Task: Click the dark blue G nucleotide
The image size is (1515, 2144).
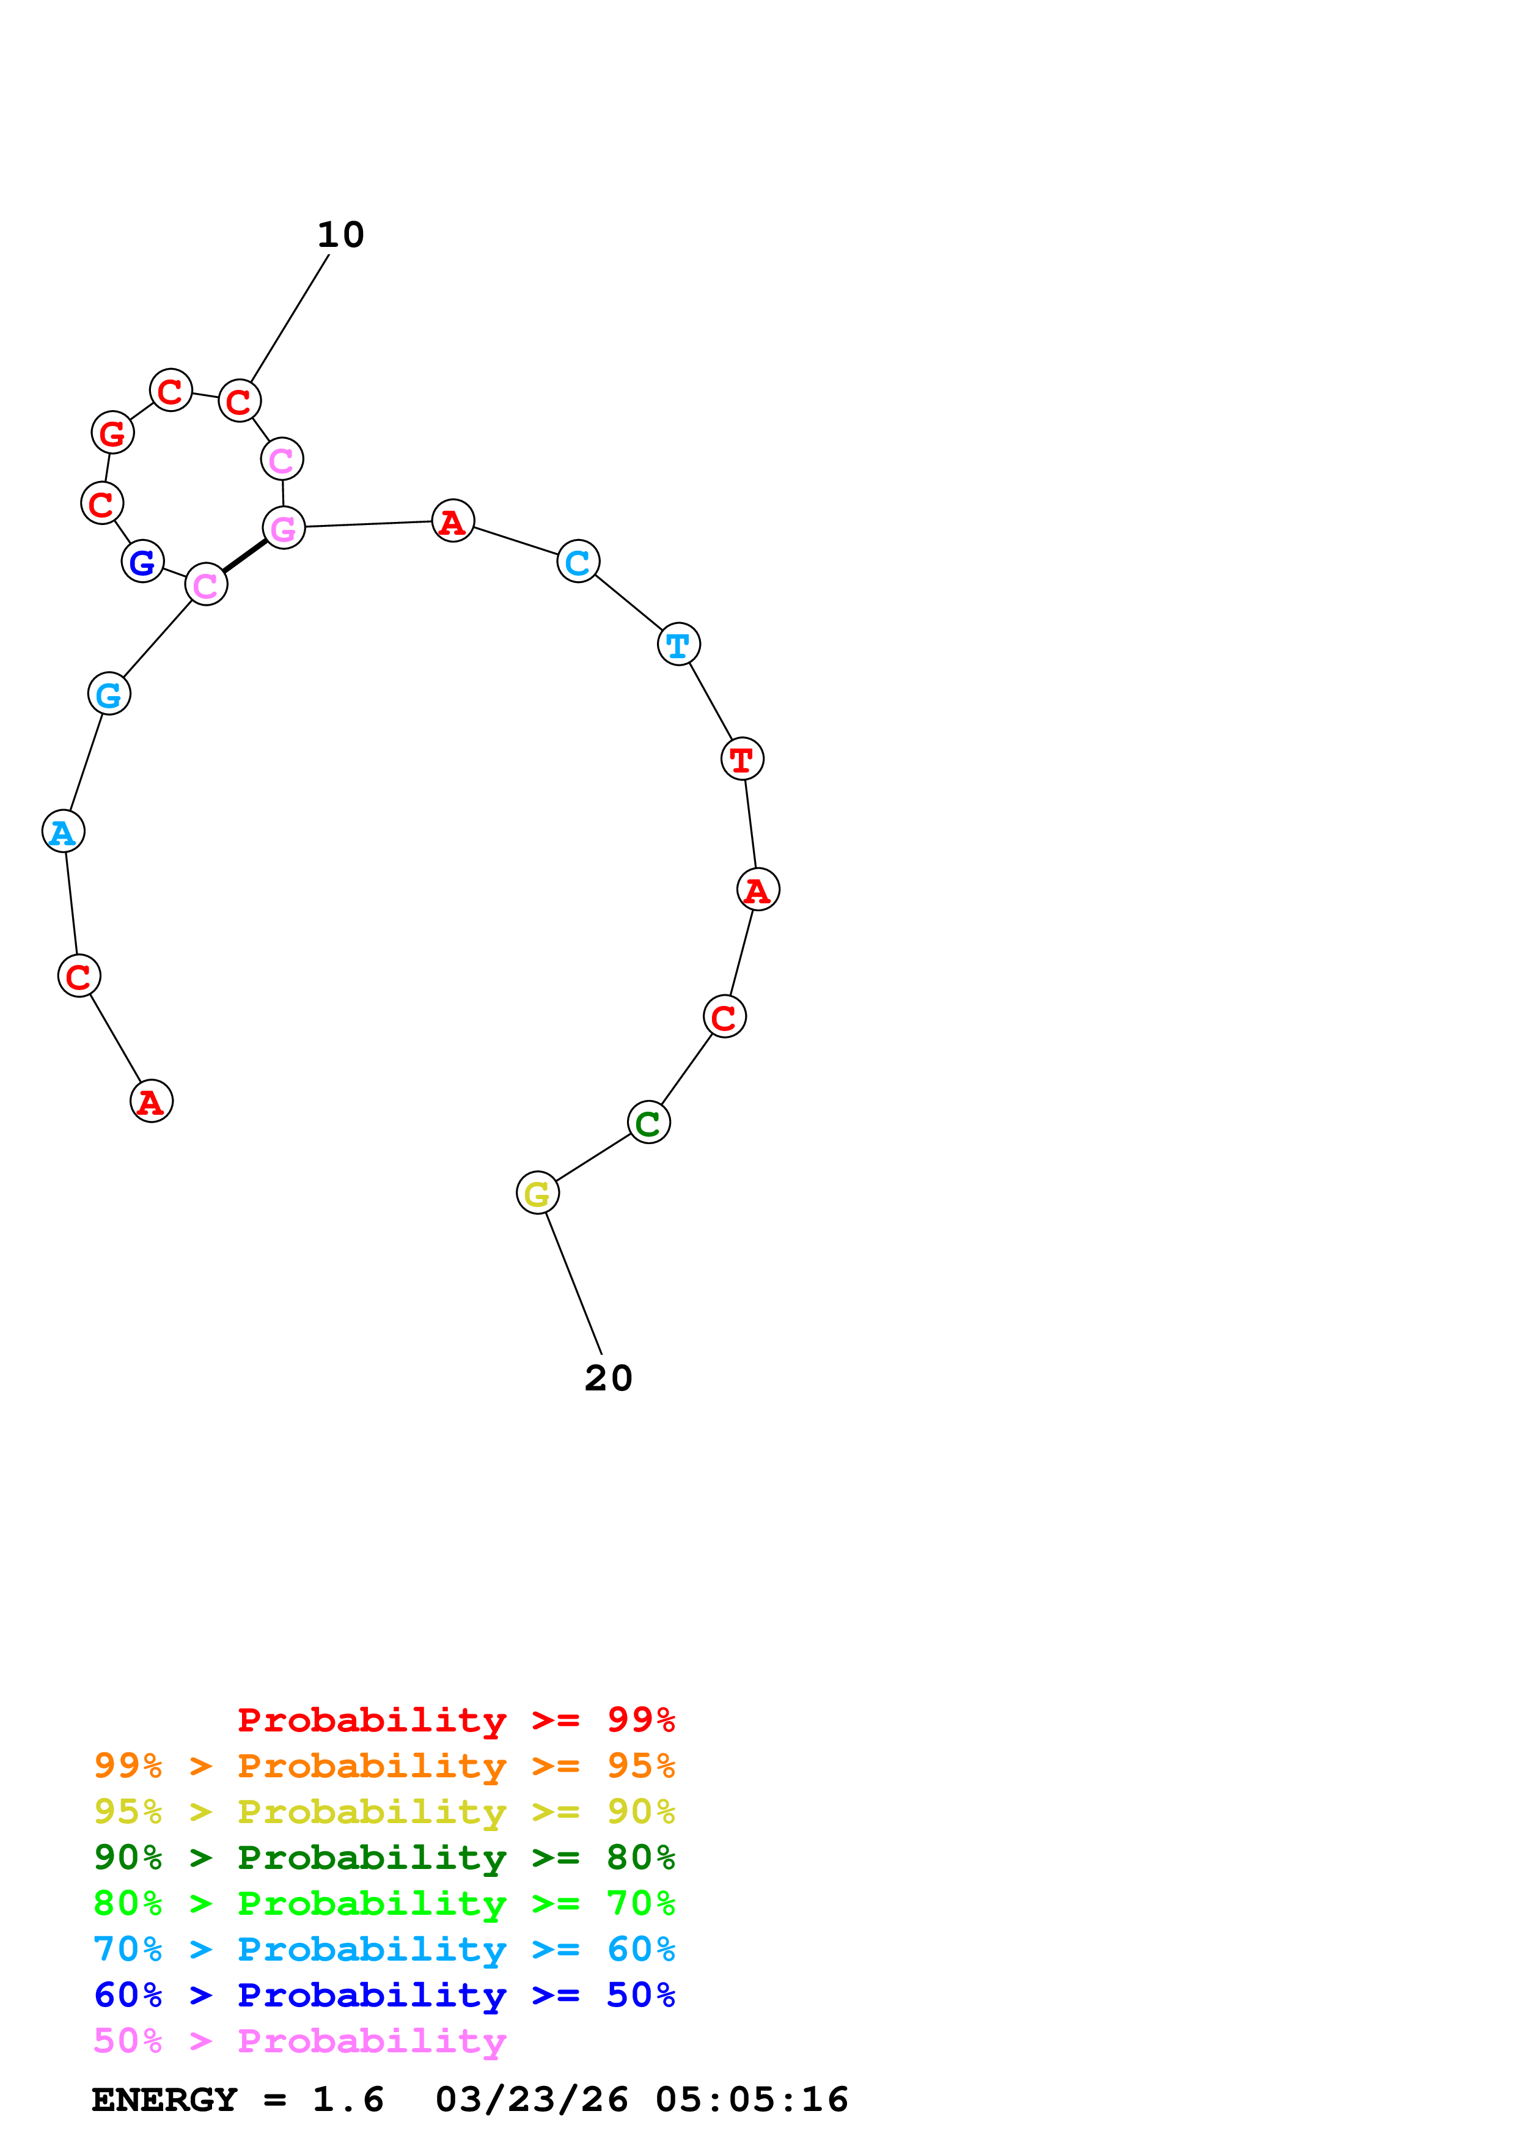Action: [143, 561]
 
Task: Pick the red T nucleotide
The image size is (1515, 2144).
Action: [742, 758]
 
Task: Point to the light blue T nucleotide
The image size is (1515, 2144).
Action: [678, 644]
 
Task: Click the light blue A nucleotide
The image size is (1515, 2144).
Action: [64, 831]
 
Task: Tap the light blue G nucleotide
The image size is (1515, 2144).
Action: [109, 694]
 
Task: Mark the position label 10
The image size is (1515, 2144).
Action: [341, 234]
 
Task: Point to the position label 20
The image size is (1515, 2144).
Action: [609, 1378]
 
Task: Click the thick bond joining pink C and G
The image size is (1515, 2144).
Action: [244, 557]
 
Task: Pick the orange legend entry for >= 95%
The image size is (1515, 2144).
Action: [384, 1766]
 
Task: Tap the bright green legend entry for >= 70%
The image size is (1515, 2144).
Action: [384, 1903]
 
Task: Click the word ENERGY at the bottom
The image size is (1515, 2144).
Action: [164, 2099]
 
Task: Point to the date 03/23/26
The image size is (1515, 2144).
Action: [531, 2099]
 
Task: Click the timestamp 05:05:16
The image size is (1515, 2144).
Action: [752, 2099]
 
